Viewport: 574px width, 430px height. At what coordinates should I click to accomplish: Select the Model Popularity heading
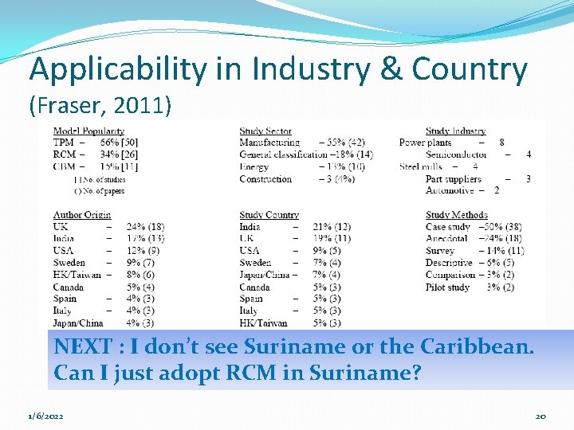[x=88, y=131]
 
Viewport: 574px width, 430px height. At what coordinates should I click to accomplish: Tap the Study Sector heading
[x=265, y=131]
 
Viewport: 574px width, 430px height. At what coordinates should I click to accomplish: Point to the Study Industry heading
[x=456, y=131]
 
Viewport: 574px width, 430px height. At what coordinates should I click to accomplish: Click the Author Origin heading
[x=82, y=215]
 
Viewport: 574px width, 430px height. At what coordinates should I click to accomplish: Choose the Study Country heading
[x=269, y=215]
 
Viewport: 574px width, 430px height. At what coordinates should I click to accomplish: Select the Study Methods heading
[x=457, y=215]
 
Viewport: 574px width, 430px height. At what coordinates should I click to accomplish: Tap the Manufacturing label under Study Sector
[x=269, y=143]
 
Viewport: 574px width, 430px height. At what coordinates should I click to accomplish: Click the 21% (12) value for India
[x=332, y=227]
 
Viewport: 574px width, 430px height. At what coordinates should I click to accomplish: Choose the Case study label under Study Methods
[x=448, y=227]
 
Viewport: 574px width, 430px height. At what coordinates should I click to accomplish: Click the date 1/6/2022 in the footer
[x=46, y=416]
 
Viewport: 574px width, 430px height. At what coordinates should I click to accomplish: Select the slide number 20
[x=541, y=416]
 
